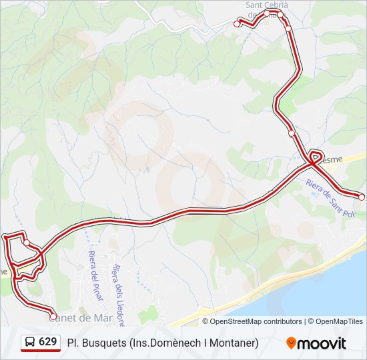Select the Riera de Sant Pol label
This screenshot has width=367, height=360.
[328, 197]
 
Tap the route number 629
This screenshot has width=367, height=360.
[47, 342]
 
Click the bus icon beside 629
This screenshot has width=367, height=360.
[31, 343]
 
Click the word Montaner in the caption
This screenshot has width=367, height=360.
[234, 343]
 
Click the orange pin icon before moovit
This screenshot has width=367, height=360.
[291, 343]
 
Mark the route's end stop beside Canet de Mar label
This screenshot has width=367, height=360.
[53, 317]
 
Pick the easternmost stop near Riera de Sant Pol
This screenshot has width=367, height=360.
[362, 197]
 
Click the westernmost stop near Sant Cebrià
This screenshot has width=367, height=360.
[237, 23]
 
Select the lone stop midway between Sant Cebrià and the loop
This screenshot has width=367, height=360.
[292, 133]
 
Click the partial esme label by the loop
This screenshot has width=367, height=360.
[331, 159]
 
